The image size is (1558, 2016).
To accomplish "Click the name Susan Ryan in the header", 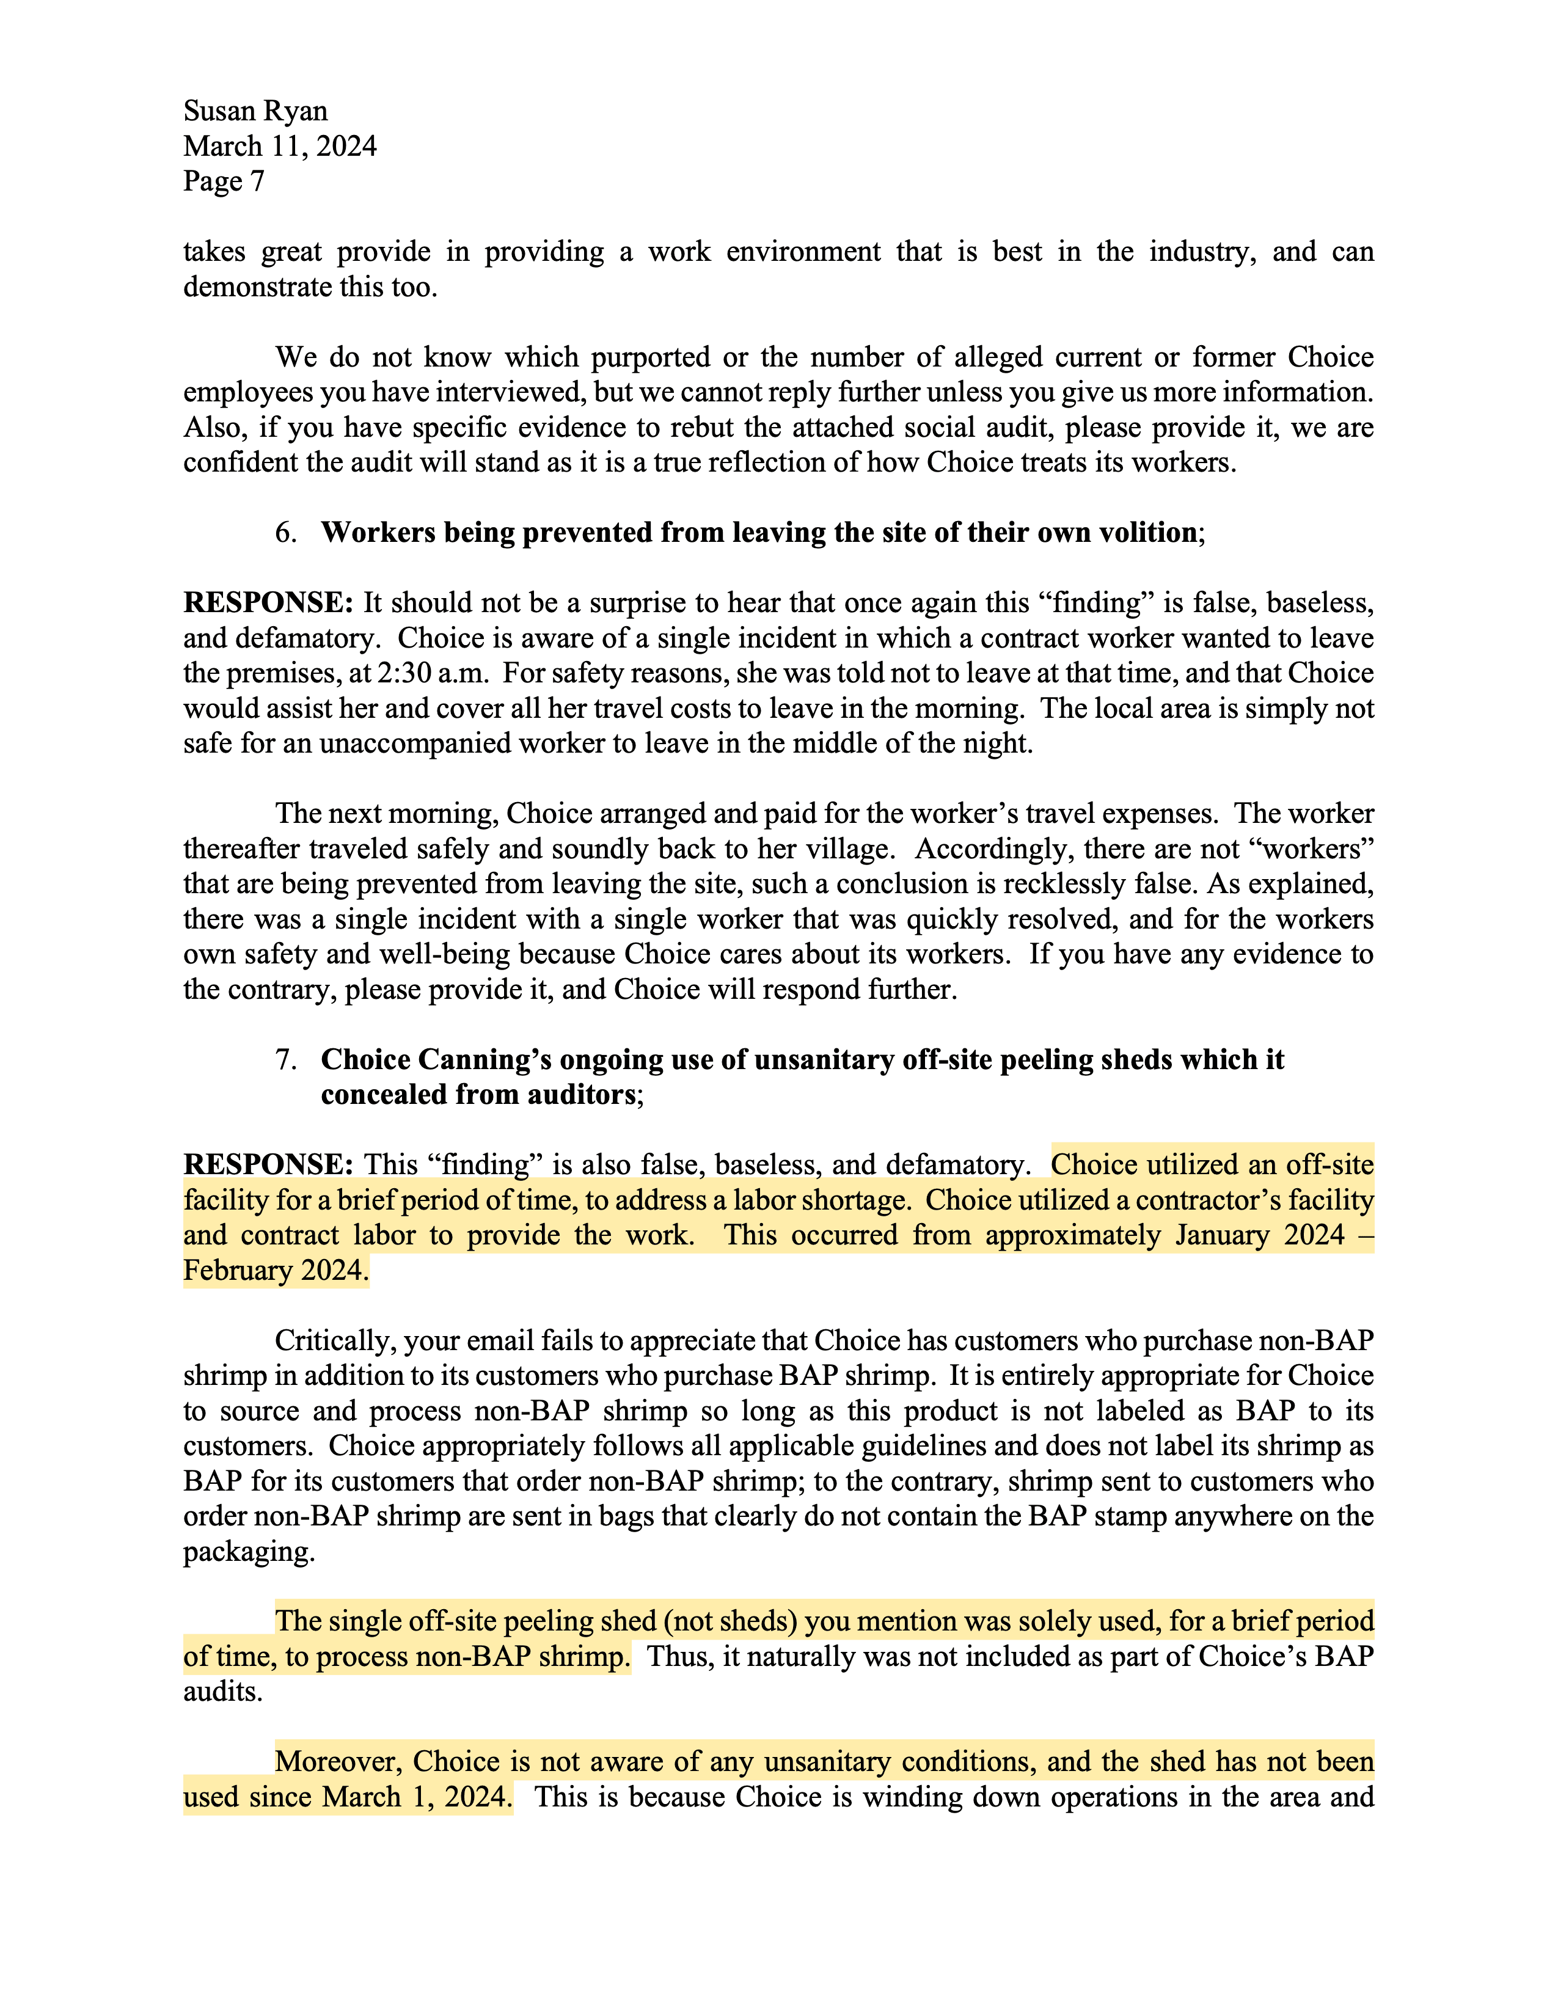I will (255, 111).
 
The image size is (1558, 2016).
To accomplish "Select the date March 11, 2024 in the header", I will (280, 146).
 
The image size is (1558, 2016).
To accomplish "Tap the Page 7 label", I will (224, 181).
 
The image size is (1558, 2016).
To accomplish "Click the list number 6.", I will (285, 533).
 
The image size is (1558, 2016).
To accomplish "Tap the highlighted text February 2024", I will (275, 1270).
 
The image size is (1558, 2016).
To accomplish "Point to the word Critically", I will (331, 1340).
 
